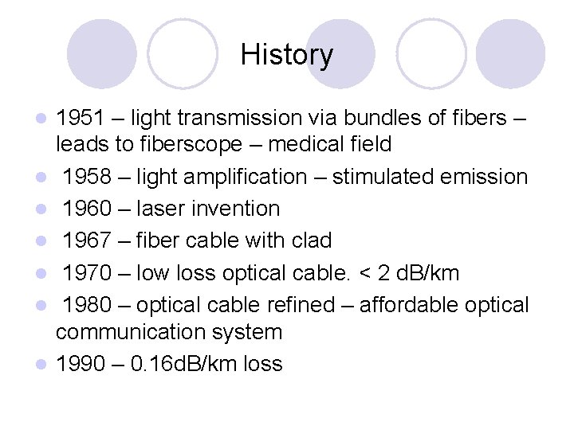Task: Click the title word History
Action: (287, 55)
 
